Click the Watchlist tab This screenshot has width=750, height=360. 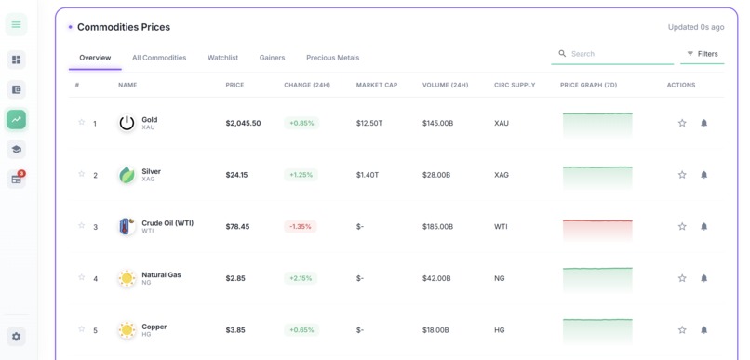pyautogui.click(x=222, y=58)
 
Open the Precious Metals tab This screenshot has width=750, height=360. pyautogui.click(x=332, y=58)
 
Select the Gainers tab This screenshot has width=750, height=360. pyautogui.click(x=272, y=58)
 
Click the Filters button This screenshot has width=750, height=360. pyautogui.click(x=703, y=54)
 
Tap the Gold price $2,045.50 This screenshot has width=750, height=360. pyautogui.click(x=243, y=123)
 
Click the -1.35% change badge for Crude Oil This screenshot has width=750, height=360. pyautogui.click(x=301, y=226)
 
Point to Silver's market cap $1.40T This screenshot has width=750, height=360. pyautogui.click(x=368, y=175)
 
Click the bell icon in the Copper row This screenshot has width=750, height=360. pyautogui.click(x=703, y=329)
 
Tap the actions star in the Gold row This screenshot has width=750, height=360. pyautogui.click(x=682, y=123)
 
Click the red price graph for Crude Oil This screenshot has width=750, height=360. pyautogui.click(x=597, y=227)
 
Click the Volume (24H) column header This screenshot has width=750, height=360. pyautogui.click(x=445, y=85)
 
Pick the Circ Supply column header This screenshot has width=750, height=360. pyautogui.click(x=515, y=85)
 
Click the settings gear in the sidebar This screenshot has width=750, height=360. pyautogui.click(x=16, y=336)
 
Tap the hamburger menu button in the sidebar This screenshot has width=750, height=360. pyautogui.click(x=16, y=24)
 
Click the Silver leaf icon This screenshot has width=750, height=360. pyautogui.click(x=127, y=175)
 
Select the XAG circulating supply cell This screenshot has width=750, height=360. pyautogui.click(x=502, y=175)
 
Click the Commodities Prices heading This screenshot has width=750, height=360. pyautogui.click(x=124, y=27)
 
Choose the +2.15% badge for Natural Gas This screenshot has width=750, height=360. pyautogui.click(x=301, y=278)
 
